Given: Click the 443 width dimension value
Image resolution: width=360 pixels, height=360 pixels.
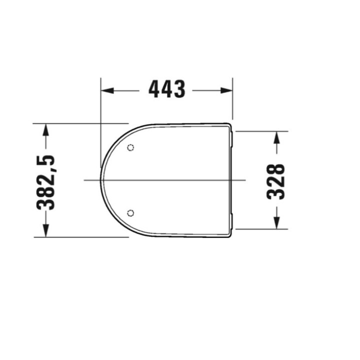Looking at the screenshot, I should [x=167, y=90].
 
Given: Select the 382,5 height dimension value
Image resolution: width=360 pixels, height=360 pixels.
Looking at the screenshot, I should [x=45, y=182].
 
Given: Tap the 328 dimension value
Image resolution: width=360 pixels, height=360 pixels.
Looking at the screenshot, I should [x=276, y=181].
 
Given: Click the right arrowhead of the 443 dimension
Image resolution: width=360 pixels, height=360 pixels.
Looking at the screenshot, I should [x=227, y=90].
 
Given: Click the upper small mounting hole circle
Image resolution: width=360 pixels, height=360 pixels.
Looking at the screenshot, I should [x=131, y=147].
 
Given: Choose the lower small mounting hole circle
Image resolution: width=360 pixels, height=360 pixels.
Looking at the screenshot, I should [x=131, y=213].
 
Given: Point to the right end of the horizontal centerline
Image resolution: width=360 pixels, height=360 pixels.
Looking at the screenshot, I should [x=245, y=179].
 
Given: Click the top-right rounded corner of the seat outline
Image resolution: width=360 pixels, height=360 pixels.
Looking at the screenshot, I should [x=229, y=124].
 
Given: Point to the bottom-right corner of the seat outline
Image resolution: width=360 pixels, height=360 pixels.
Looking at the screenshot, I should [x=229, y=235].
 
